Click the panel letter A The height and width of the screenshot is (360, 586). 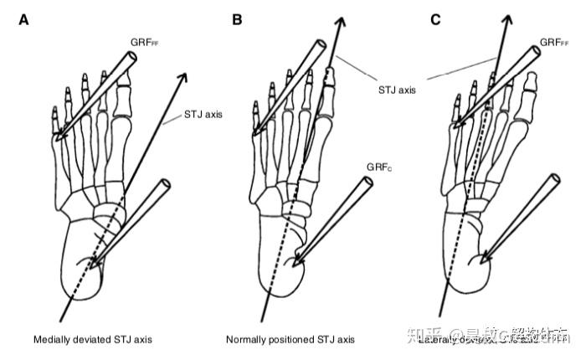[x=24, y=18]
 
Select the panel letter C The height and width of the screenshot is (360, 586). [x=435, y=18]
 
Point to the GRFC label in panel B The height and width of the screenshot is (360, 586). [x=378, y=167]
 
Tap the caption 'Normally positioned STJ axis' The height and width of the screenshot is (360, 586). [x=290, y=340]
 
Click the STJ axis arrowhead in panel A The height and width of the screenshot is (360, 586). [x=183, y=78]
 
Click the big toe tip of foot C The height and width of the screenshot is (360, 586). [x=532, y=78]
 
